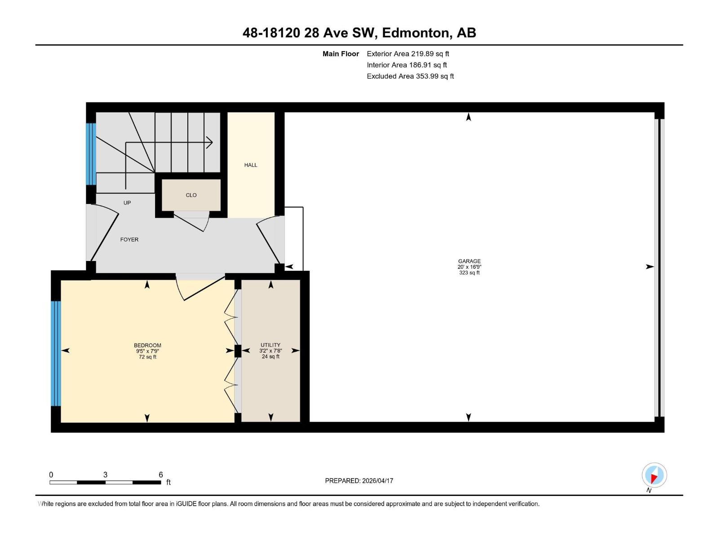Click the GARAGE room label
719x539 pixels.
pos(469,261)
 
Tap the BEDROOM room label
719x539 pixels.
pos(147,345)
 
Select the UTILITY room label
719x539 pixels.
pos(270,345)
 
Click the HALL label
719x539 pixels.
pos(251,165)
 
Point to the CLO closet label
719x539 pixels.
pos(191,195)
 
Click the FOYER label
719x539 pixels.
pos(129,239)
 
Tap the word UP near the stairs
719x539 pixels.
pos(127,203)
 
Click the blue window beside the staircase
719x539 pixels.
pos(91,154)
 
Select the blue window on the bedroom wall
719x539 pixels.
pos(56,353)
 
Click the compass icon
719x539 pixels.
pos(654,475)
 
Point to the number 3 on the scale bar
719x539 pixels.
pos(105,475)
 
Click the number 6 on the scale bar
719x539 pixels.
pos(160,475)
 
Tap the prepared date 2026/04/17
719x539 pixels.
pos(377,481)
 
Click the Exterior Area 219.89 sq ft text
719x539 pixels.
pos(408,53)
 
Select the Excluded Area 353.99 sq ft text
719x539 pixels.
pos(410,76)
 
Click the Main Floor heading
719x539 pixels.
pos(341,53)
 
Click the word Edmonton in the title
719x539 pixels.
pos(416,33)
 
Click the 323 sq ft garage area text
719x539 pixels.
pos(469,273)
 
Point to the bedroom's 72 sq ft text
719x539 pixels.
pos(147,357)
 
